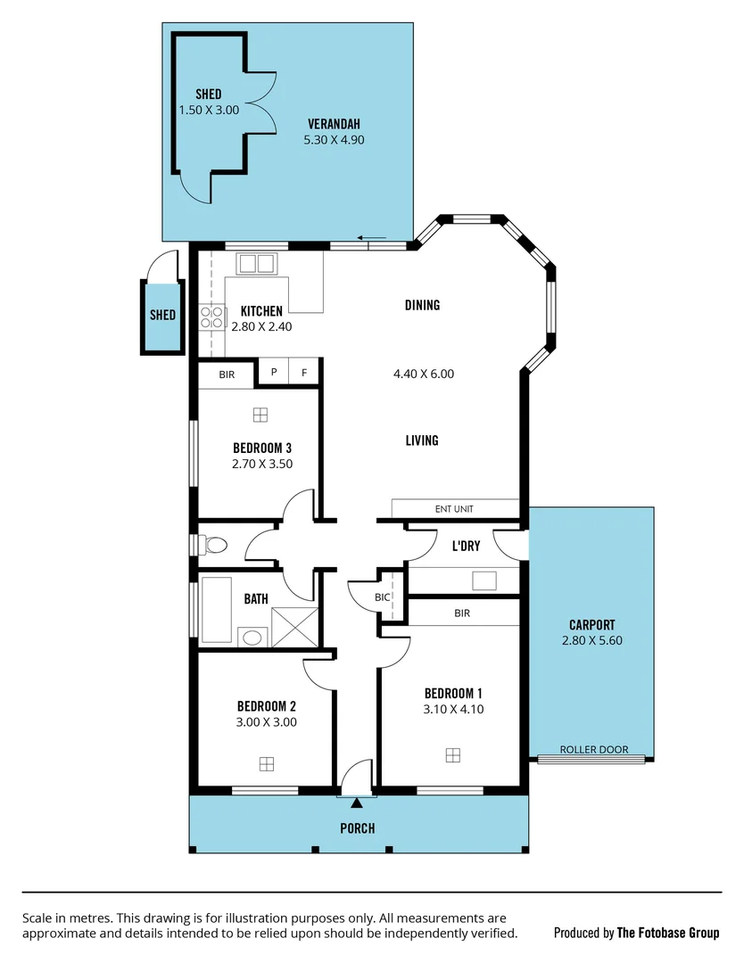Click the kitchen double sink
pos(257,263)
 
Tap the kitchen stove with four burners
pos(212,318)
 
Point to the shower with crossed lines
pos(294,627)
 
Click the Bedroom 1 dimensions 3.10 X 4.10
pos(453,710)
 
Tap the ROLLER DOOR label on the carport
pos(593,750)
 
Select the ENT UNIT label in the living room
pos(454,509)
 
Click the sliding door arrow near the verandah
pos(372,238)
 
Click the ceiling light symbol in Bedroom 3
pos(260,415)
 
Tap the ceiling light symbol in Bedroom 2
pos(266,763)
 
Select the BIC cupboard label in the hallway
pos(383,597)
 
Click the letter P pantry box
pos(274,374)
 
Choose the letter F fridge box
pos(304,374)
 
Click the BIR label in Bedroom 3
pos(227,374)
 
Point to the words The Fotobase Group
pos(667,933)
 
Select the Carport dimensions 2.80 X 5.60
pos(591,640)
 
